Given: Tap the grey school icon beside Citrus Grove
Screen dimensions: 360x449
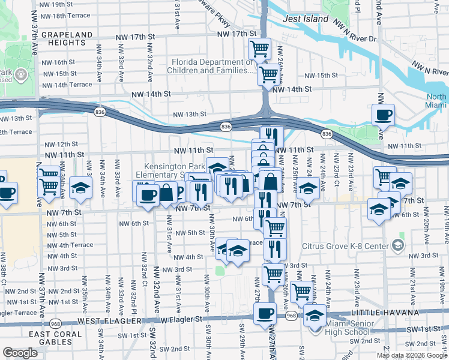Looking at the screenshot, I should coord(397,245).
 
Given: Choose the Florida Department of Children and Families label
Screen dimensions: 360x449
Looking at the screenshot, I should coord(213,66).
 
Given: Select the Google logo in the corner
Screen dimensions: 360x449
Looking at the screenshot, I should coord(20,353).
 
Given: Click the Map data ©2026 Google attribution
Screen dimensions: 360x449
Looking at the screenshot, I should coord(411,355).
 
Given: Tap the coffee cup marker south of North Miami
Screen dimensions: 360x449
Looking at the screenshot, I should coord(383,114).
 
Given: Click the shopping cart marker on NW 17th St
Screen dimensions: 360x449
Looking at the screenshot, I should coord(259,49).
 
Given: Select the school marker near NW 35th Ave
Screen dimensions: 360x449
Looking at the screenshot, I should coord(80,188).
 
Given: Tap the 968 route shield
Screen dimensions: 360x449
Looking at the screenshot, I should coord(292,316).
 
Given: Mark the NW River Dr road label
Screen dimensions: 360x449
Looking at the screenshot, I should coord(357,38).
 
